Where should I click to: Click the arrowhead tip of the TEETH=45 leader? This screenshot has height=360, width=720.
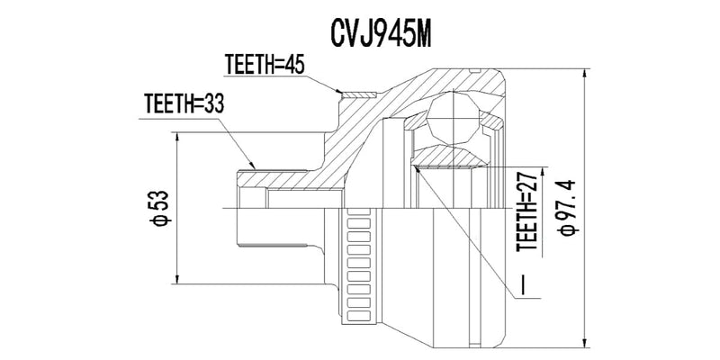[x=341, y=92]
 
